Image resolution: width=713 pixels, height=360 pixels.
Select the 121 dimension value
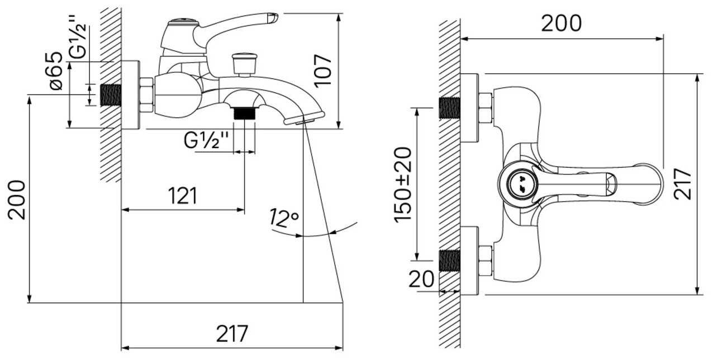[x=183, y=196]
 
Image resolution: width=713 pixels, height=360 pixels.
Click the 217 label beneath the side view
[x=232, y=334]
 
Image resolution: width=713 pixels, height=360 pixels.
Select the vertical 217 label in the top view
[x=683, y=184]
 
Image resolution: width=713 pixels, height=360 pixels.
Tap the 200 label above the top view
[x=561, y=23]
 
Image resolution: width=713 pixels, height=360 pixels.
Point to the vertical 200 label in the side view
[x=17, y=200]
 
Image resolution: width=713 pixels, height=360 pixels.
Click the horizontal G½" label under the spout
[x=207, y=141]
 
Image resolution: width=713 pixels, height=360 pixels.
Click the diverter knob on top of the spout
[x=244, y=61]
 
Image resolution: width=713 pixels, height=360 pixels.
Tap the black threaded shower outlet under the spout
[x=244, y=113]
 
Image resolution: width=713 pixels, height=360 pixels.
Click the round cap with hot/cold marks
[x=520, y=183]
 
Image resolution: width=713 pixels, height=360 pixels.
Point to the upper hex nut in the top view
[x=485, y=108]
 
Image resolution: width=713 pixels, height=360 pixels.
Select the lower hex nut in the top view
[x=485, y=260]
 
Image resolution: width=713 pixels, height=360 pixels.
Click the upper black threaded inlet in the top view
[x=449, y=108]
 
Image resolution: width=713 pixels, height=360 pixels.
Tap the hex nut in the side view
[x=146, y=95]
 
